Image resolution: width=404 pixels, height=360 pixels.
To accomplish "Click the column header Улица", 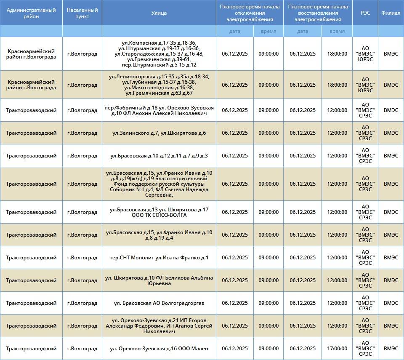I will click(159, 13).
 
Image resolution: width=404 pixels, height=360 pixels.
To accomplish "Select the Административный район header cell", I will click(32, 13).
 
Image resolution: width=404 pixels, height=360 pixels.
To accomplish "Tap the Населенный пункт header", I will click(82, 13).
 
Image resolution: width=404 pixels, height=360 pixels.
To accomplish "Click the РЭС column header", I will click(365, 13).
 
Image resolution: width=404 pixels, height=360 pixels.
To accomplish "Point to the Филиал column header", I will click(391, 13).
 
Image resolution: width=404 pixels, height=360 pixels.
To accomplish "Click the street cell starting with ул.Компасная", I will click(159, 54).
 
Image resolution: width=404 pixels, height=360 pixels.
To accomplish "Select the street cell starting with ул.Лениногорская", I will click(159, 85).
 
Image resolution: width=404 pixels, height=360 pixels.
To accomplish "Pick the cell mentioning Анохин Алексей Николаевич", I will click(159, 110).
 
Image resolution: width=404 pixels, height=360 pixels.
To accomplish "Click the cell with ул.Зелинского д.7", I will click(159, 133).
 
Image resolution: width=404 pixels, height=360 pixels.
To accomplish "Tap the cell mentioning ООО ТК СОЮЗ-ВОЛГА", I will click(159, 212).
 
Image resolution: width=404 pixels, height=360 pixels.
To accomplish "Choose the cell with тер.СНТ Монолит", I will click(159, 258).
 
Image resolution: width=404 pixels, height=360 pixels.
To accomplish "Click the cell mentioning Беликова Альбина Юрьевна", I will click(159, 280).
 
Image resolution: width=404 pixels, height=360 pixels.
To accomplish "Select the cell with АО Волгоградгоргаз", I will click(159, 303).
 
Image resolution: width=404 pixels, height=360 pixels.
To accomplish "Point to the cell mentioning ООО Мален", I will click(159, 349).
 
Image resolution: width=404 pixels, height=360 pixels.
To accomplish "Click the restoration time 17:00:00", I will click(337, 349).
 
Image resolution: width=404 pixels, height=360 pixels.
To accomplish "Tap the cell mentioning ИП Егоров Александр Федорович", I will click(159, 326).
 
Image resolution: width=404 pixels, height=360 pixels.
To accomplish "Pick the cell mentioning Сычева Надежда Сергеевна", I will click(159, 184).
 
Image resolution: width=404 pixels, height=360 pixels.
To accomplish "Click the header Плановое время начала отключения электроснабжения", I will click(250, 13).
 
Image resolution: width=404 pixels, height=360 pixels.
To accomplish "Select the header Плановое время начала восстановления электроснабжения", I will click(318, 13).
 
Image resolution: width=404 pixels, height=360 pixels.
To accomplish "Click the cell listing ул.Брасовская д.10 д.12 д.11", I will click(159, 156).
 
